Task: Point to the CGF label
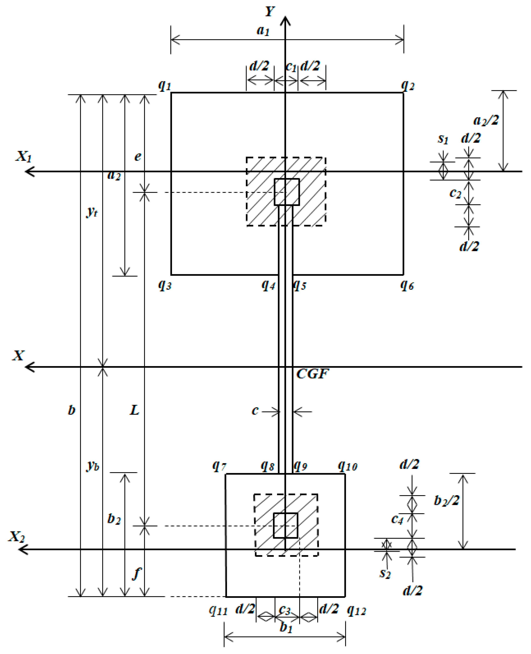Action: pos(313,374)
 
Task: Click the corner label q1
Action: pos(164,86)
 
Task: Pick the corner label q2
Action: pos(408,86)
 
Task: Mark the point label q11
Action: pos(218,610)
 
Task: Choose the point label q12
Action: pos(356,610)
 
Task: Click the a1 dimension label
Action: pos(263,31)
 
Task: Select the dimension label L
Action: pos(135,410)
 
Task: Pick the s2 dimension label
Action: pos(385,573)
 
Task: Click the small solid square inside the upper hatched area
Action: pos(287,192)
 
